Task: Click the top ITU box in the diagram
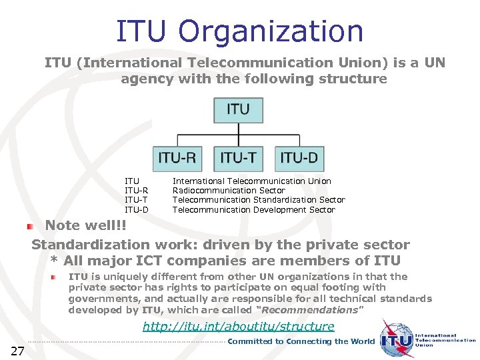point(238,109)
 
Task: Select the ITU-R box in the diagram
point(177,158)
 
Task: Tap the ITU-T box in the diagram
point(238,158)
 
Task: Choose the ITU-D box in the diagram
point(299,158)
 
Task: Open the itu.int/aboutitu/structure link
point(239,326)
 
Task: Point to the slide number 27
point(17,351)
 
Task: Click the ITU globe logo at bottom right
point(397,339)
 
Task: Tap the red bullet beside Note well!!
point(30,227)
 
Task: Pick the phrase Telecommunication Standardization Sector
point(259,200)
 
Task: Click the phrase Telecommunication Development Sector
point(253,209)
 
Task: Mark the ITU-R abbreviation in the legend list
point(136,191)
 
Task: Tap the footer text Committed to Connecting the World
point(301,341)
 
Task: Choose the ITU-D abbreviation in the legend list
point(136,209)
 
